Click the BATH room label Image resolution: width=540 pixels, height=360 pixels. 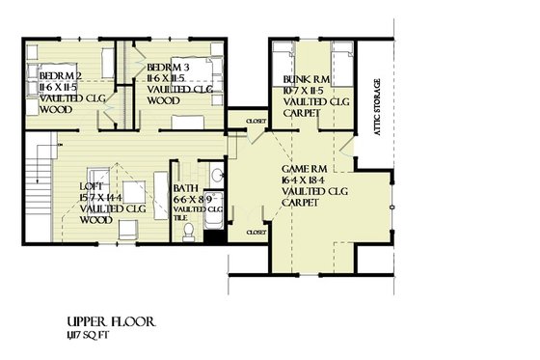186,188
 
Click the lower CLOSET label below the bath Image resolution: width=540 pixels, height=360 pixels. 256,233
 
